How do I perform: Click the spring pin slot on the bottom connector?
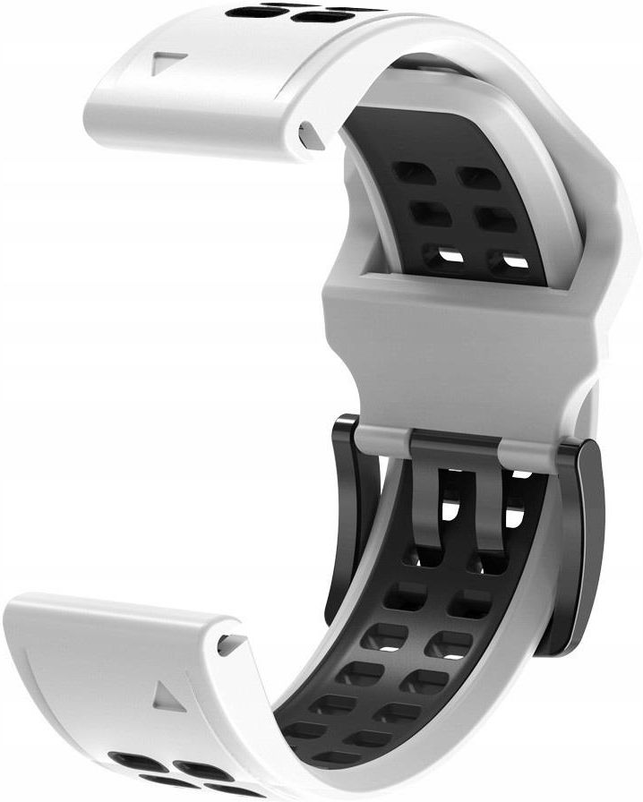click(x=231, y=643)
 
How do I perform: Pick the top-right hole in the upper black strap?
click(x=479, y=177)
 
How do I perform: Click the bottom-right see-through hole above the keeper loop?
click(x=509, y=261)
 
